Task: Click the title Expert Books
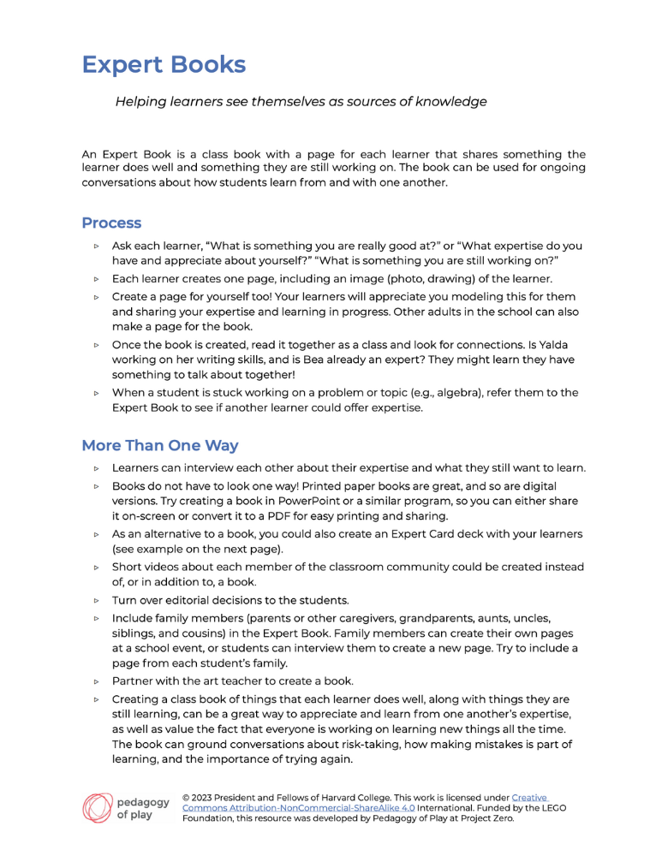tap(164, 65)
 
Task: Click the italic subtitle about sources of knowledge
tap(301, 102)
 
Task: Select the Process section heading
tap(111, 223)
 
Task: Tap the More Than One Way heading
tap(159, 446)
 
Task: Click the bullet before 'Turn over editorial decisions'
tap(97, 600)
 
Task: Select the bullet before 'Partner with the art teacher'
tap(97, 681)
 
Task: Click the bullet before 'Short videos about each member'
tap(97, 568)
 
